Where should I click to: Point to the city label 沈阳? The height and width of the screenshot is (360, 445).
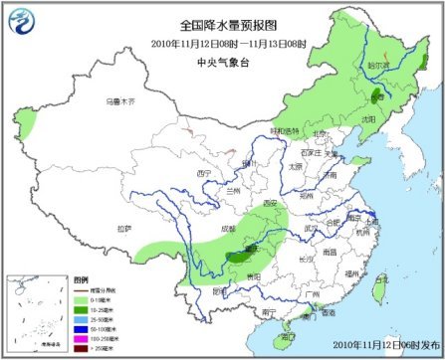click(396, 118)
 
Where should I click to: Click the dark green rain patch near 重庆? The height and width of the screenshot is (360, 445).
click(239, 257)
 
